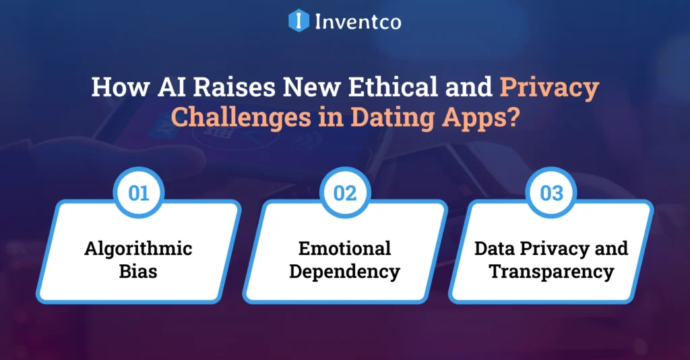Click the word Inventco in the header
[x=358, y=21]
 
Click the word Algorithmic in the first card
[x=138, y=248]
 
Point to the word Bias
[x=138, y=272]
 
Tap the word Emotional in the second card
[x=345, y=248]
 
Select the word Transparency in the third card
[x=551, y=272]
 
